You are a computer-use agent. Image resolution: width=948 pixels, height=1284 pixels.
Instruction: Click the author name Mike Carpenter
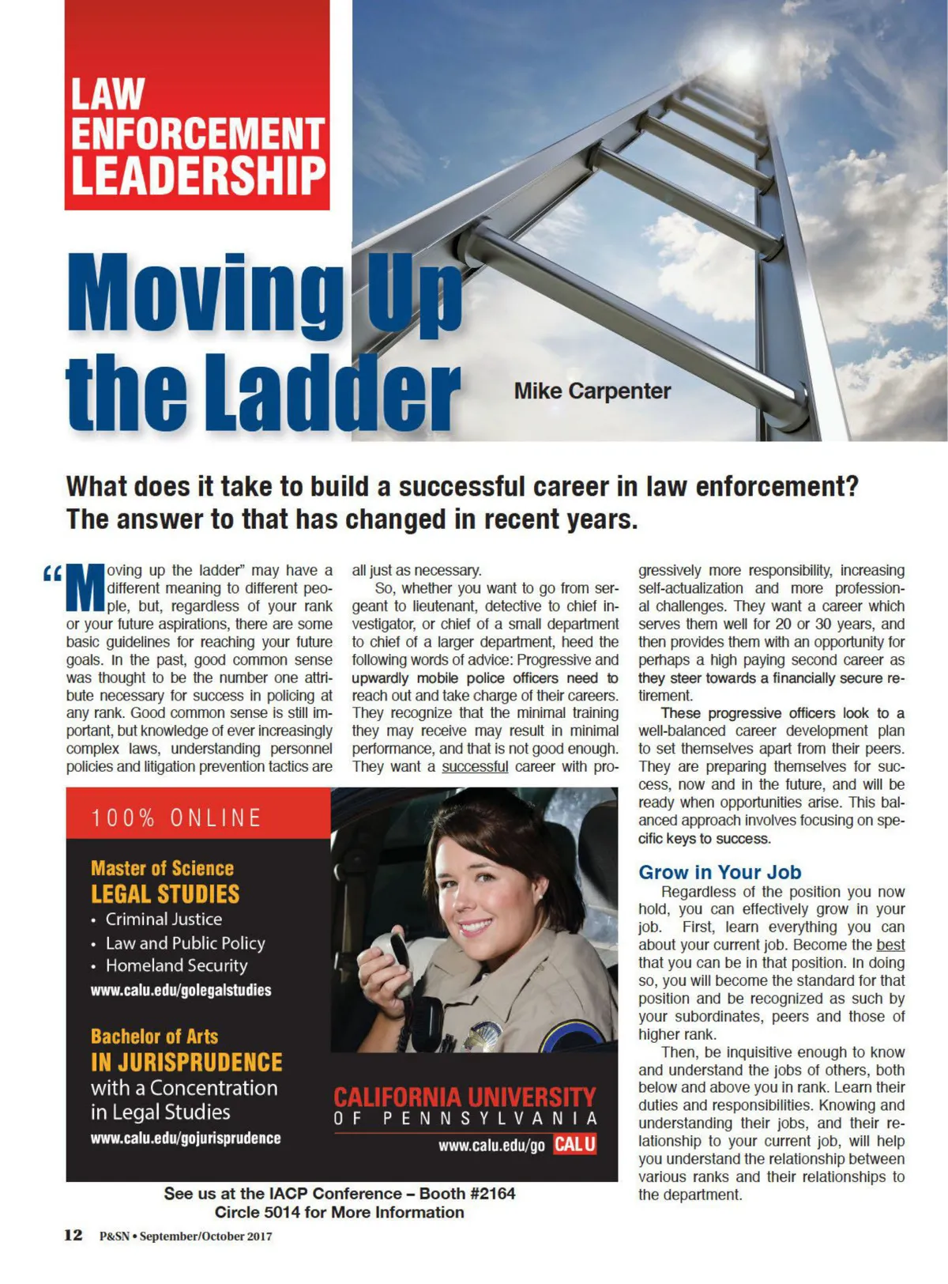pyautogui.click(x=592, y=391)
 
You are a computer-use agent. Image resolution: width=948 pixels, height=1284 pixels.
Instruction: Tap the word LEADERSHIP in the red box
pyautogui.click(x=198, y=176)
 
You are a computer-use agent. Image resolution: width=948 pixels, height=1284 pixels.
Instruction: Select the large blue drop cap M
pyautogui.click(x=85, y=588)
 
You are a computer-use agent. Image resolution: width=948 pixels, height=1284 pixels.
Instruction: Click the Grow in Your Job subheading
pyautogui.click(x=720, y=872)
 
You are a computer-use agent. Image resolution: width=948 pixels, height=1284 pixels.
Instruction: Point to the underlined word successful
pyautogui.click(x=475, y=766)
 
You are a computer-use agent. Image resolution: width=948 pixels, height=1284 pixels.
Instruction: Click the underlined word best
pyautogui.click(x=890, y=945)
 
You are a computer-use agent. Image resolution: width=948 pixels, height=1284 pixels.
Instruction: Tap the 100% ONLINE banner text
pyautogui.click(x=176, y=818)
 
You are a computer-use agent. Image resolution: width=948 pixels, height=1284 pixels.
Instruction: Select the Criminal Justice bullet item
pyautogui.click(x=164, y=920)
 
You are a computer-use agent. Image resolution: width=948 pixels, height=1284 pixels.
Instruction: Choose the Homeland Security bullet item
pyautogui.click(x=176, y=965)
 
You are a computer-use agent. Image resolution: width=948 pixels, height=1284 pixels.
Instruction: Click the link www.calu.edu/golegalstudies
pyautogui.click(x=181, y=990)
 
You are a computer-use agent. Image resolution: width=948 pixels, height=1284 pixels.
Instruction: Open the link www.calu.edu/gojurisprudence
pyautogui.click(x=186, y=1139)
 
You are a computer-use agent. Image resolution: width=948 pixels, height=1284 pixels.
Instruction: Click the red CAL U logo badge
pyautogui.click(x=574, y=1144)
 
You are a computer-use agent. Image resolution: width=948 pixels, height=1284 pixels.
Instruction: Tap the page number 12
pyautogui.click(x=73, y=1235)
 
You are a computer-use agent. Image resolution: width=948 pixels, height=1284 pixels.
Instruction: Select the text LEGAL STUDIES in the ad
pyautogui.click(x=165, y=894)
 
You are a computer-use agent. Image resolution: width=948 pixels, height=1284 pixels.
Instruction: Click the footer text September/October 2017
pyautogui.click(x=205, y=1237)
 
